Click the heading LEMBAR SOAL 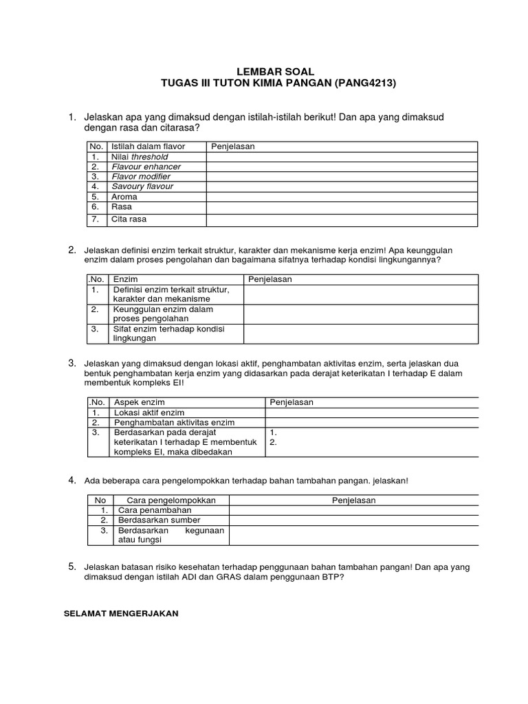point(275,71)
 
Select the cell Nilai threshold point(140,157)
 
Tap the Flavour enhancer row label point(146,166)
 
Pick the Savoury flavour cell point(142,186)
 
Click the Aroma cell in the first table point(124,197)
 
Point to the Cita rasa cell point(129,219)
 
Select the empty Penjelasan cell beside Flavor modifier point(342,177)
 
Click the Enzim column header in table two point(125,279)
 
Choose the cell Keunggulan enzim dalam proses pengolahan point(163,314)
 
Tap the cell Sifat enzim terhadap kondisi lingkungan point(168,333)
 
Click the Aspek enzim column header point(139,402)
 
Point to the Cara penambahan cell point(155,511)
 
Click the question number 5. point(71,566)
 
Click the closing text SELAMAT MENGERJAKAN point(121,614)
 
